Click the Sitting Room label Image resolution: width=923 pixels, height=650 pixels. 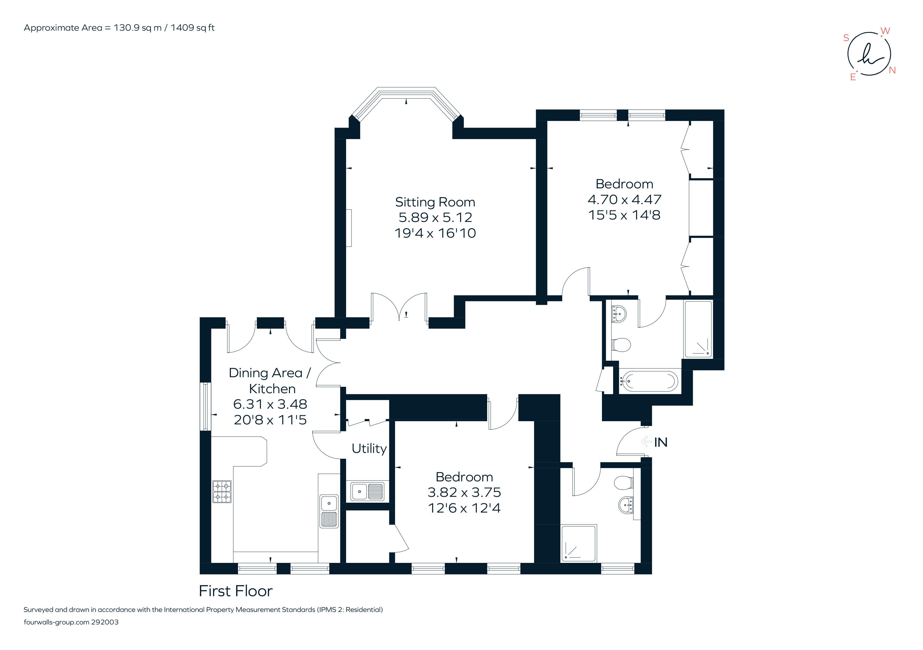click(435, 202)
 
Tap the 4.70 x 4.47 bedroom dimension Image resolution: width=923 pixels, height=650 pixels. click(624, 200)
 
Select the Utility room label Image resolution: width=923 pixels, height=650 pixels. click(369, 449)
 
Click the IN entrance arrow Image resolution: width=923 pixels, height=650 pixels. click(646, 442)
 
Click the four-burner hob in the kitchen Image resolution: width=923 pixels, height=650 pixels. click(222, 491)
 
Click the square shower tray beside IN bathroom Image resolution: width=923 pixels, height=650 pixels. click(579, 543)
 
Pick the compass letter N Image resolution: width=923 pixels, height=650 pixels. click(892, 70)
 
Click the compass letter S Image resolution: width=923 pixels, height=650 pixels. click(846, 38)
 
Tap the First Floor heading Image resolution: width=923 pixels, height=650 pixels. click(236, 591)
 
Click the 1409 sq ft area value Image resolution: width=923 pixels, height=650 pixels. click(192, 28)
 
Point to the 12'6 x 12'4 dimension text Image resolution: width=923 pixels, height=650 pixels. click(464, 508)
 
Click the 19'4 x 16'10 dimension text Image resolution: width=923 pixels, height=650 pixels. click(435, 233)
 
